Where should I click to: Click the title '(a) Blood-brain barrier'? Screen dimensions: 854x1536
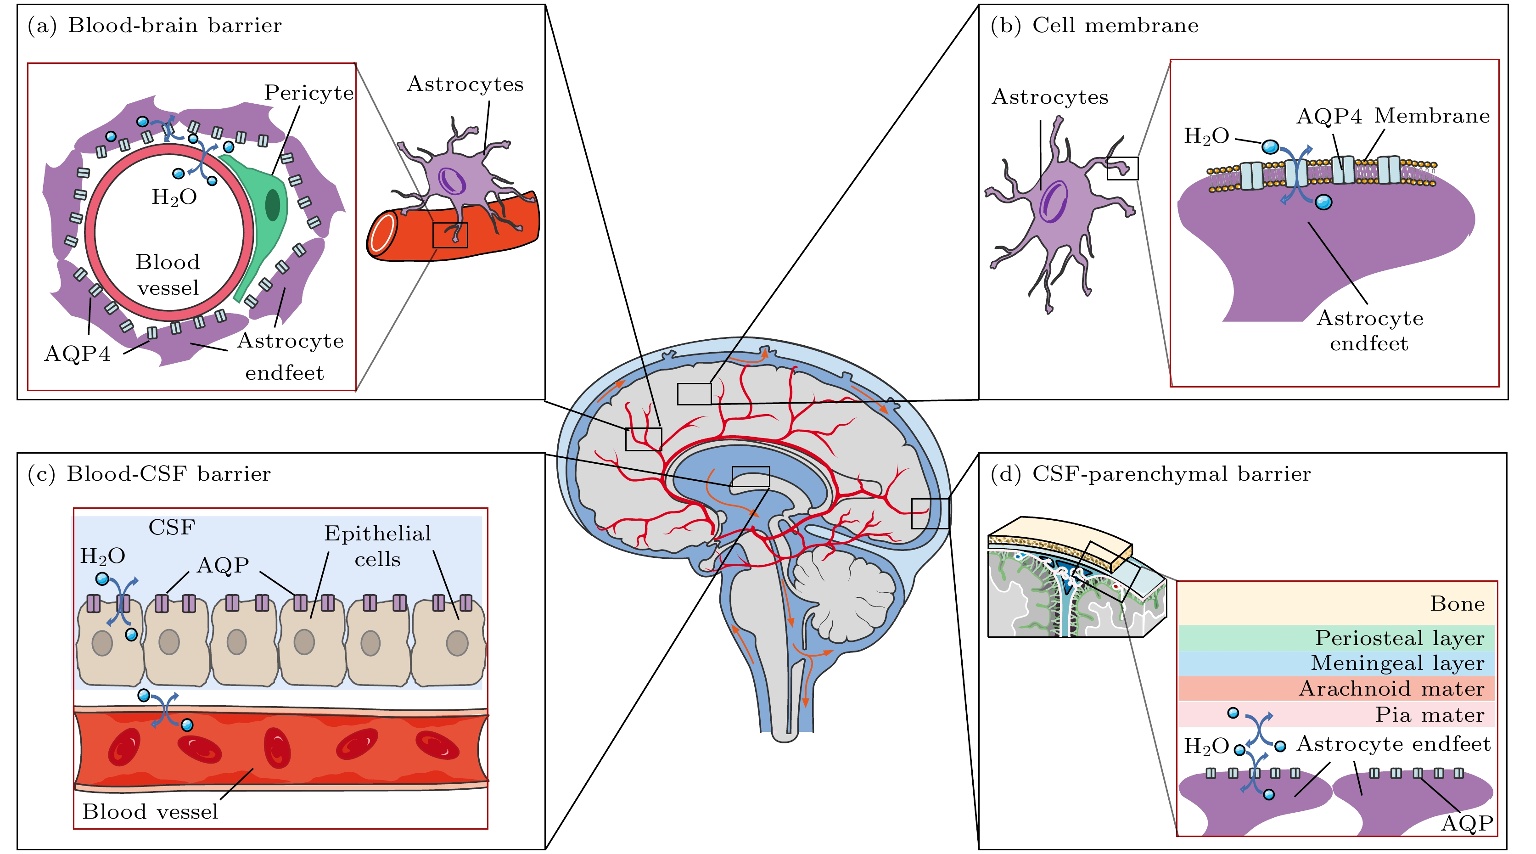coord(154,26)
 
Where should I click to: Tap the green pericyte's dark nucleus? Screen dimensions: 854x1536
coord(273,205)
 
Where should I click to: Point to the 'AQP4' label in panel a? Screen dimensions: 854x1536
coord(78,354)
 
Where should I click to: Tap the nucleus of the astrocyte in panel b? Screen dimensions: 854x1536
coord(1054,202)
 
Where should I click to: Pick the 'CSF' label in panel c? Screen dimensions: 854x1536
coord(172,527)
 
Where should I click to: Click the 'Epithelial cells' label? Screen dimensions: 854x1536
coord(377,545)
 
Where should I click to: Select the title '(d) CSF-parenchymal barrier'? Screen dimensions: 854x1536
coord(1150,474)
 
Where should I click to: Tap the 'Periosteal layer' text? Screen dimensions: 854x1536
coord(1400,638)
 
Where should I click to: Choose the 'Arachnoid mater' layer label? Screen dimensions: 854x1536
coord(1391,689)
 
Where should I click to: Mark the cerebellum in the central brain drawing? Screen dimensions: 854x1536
coord(844,593)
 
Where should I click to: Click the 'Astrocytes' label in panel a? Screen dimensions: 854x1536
coord(465,84)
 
